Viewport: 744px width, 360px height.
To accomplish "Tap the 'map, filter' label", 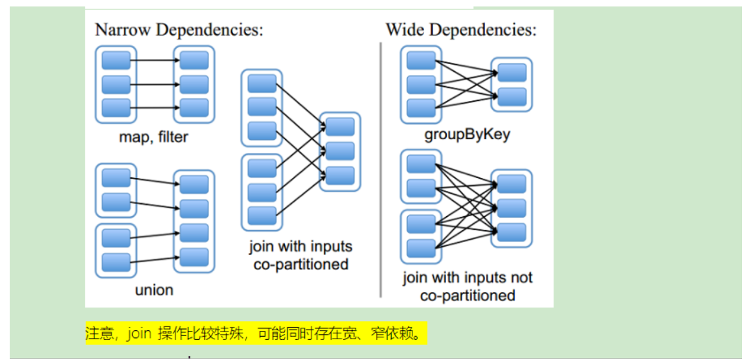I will [x=153, y=137].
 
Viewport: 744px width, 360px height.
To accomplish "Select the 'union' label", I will [x=154, y=289].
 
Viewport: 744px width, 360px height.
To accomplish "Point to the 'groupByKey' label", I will [x=467, y=135].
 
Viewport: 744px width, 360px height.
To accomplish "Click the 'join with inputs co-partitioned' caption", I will [x=301, y=255].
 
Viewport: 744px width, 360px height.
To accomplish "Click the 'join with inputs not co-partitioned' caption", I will [x=467, y=286].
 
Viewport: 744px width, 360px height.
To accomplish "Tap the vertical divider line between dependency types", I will [x=381, y=168].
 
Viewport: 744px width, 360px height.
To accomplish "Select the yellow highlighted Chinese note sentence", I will [x=256, y=334].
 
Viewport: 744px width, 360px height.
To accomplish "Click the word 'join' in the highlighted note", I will [x=139, y=334].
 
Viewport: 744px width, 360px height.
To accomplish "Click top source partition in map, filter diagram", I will [x=117, y=61].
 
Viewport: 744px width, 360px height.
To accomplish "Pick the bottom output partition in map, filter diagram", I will [x=194, y=107].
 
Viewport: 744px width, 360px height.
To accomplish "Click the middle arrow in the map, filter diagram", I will [x=155, y=84].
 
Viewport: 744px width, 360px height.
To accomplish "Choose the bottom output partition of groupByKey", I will [x=512, y=96].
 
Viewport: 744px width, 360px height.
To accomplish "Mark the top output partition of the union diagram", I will [x=194, y=185].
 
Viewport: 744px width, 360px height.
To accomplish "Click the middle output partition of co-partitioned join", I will [x=340, y=151].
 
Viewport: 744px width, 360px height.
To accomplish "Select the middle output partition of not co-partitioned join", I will [x=512, y=208].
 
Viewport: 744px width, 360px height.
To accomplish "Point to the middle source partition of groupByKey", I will [x=421, y=84].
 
